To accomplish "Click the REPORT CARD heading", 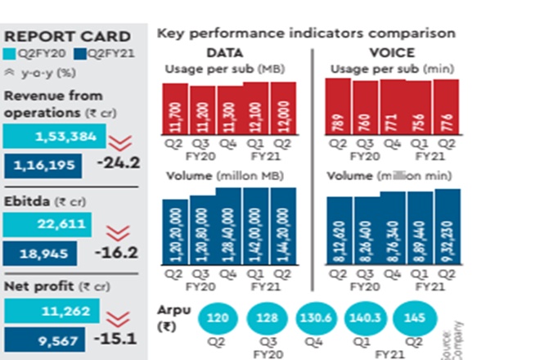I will [67, 36].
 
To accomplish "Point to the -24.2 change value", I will [118, 162].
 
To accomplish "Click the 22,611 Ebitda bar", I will [47, 224].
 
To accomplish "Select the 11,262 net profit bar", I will [52, 312].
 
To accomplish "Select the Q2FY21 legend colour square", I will [79, 54].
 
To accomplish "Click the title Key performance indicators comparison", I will [305, 34].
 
